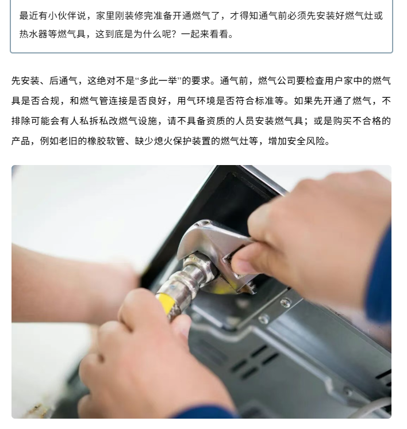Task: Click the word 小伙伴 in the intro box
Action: (62, 16)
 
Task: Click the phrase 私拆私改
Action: (98, 121)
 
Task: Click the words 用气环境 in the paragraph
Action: (196, 101)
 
